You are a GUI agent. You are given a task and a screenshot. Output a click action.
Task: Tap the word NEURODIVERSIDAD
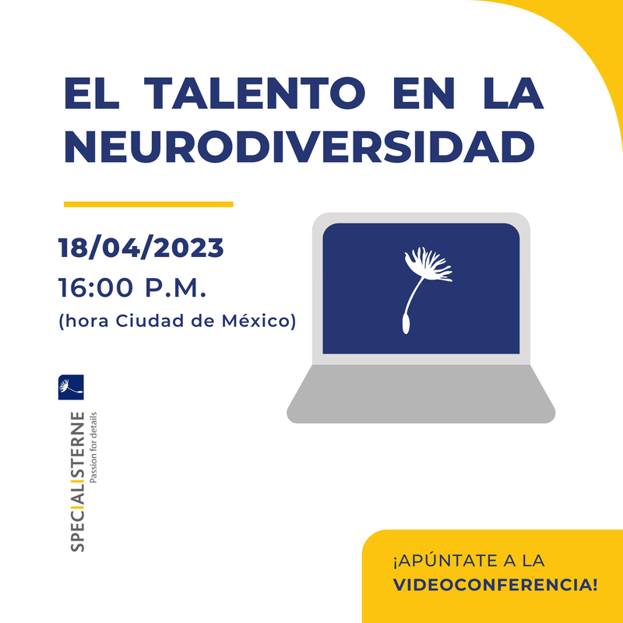pyautogui.click(x=299, y=147)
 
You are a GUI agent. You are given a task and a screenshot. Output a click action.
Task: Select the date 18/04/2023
pyautogui.click(x=141, y=248)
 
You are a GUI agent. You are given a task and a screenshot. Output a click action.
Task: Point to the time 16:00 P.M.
pyautogui.click(x=132, y=288)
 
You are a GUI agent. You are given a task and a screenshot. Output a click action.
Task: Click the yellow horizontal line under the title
pyautogui.click(x=149, y=204)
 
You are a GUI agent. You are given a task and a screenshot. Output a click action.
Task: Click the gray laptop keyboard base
pyautogui.click(x=421, y=394)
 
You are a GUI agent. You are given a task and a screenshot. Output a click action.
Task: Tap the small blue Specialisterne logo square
pyautogui.click(x=71, y=387)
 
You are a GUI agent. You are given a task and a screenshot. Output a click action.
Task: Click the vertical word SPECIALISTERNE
pyautogui.click(x=77, y=482)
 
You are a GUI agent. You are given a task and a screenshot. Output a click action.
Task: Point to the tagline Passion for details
pyautogui.click(x=93, y=447)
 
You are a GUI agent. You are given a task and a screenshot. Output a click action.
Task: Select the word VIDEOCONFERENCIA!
pyautogui.click(x=495, y=585)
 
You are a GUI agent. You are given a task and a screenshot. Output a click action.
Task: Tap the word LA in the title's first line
pyautogui.click(x=513, y=93)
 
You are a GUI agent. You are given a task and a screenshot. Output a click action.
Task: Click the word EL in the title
pyautogui.click(x=92, y=93)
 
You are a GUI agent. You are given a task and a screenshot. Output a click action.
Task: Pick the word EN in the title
pyautogui.click(x=424, y=93)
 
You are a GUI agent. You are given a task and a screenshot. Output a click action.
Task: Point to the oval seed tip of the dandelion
pyautogui.click(x=406, y=323)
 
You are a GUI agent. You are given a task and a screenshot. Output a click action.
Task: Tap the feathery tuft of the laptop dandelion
pyautogui.click(x=429, y=264)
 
